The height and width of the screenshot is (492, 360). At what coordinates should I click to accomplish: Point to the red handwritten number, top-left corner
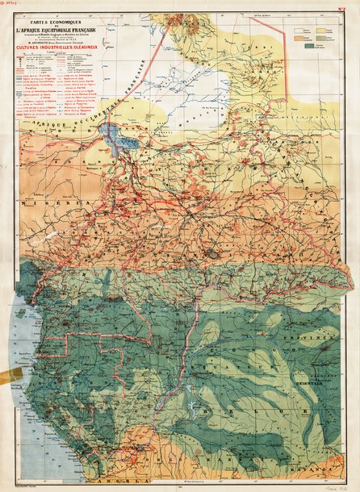click(x=11, y=4)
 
